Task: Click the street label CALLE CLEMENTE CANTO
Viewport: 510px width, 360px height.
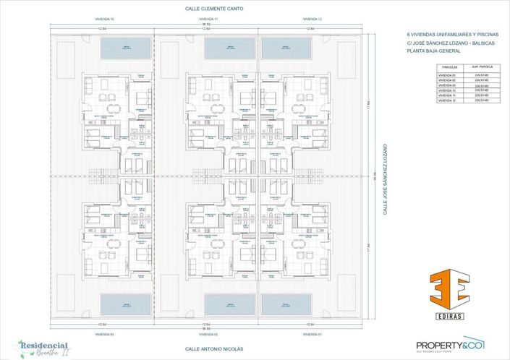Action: coord(215,9)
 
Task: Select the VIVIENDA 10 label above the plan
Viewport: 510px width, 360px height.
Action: coord(105,19)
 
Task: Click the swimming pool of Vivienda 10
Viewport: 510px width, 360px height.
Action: coord(125,48)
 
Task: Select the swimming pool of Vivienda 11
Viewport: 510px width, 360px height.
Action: coord(230,48)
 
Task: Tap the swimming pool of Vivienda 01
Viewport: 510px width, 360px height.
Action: coord(286,304)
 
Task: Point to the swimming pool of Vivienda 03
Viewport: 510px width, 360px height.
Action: coord(125,304)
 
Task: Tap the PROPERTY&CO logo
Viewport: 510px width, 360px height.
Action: coord(450,346)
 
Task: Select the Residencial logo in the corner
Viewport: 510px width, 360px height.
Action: coord(43,348)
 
